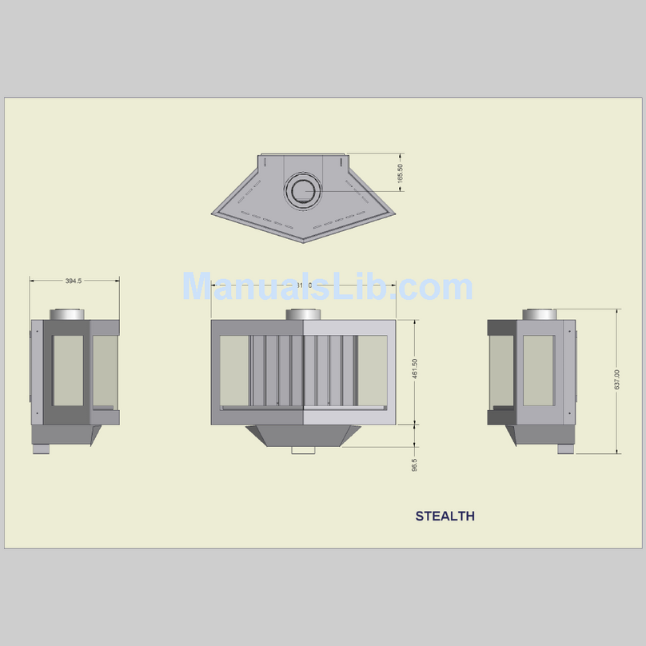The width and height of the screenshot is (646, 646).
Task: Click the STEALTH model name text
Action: point(445,516)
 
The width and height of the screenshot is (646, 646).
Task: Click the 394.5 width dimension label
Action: point(74,281)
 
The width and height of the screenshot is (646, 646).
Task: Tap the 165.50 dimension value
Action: point(401,173)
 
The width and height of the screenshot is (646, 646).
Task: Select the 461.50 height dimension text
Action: point(414,371)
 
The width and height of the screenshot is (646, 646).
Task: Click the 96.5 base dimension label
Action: point(414,465)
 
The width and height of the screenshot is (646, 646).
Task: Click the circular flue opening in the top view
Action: point(303,190)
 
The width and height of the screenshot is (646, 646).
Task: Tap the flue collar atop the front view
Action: point(303,314)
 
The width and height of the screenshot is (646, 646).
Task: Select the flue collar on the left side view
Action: point(68,314)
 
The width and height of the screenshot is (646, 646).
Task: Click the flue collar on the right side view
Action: point(540,314)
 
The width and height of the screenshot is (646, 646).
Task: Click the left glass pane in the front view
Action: point(233,371)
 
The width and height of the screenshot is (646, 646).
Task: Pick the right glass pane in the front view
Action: point(371,371)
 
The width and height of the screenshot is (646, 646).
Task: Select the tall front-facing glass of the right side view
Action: point(538,370)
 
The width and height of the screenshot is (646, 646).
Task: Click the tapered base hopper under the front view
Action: point(303,436)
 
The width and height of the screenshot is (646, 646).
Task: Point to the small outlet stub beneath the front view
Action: point(303,452)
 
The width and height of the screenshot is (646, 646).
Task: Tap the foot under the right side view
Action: point(564,449)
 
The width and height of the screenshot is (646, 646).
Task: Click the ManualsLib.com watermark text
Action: point(327,287)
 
